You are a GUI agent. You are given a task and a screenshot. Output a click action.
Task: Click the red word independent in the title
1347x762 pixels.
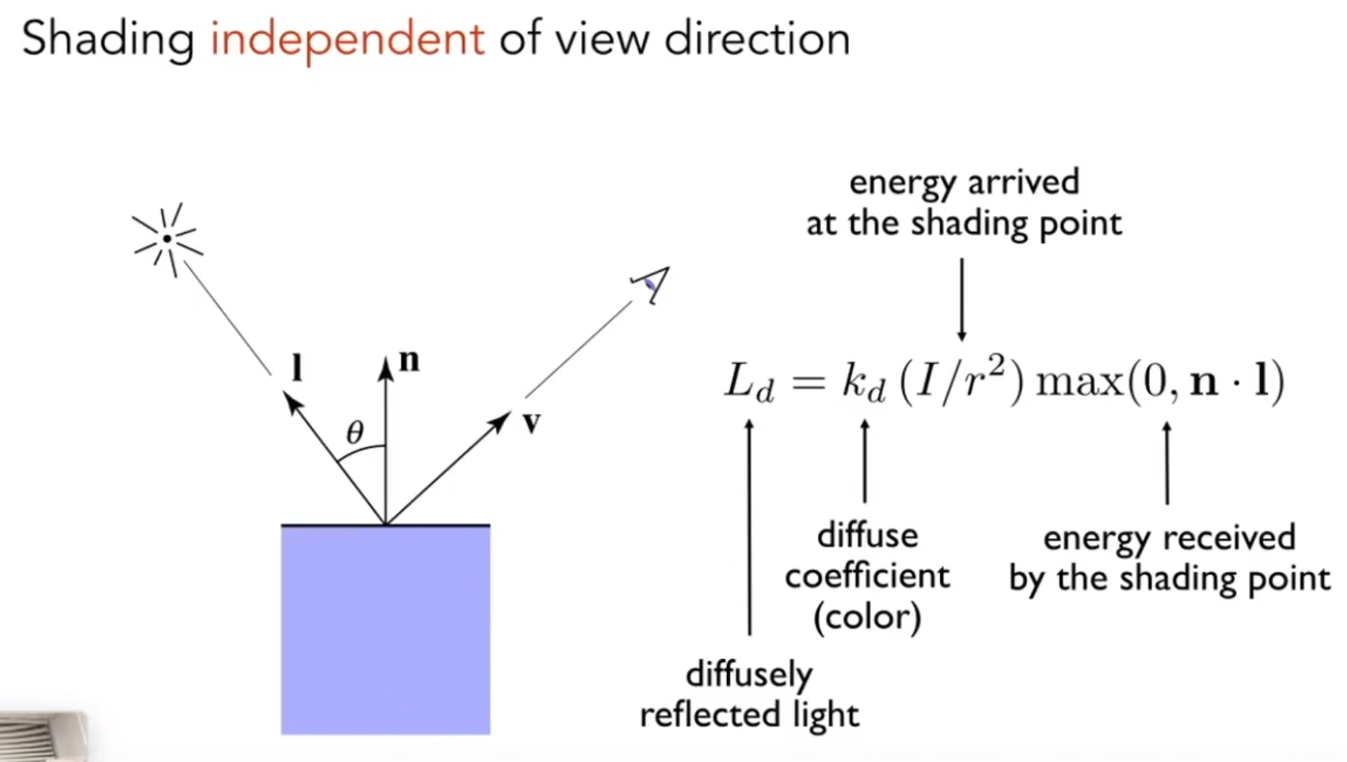(x=347, y=40)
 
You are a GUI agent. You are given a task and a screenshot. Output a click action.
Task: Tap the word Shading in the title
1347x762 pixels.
(x=108, y=40)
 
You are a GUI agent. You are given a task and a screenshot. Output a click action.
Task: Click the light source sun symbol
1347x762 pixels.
(x=168, y=240)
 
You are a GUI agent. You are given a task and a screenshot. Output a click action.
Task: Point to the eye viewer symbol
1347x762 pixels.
(x=651, y=285)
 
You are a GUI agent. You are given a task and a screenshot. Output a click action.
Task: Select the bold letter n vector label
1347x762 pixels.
(x=409, y=361)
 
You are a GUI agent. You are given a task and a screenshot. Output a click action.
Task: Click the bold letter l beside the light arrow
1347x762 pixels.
(x=296, y=367)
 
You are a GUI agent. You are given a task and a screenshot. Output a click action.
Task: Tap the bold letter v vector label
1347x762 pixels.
(x=531, y=423)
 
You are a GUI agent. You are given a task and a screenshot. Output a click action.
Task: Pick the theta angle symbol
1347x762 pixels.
(x=355, y=431)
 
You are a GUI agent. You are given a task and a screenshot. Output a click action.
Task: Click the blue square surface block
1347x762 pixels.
(x=386, y=630)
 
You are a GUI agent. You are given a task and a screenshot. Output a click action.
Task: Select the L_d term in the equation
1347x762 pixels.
(x=748, y=382)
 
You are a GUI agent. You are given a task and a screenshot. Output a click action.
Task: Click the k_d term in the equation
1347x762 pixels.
(x=864, y=382)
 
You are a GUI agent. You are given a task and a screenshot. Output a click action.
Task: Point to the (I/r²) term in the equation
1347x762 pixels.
(x=961, y=381)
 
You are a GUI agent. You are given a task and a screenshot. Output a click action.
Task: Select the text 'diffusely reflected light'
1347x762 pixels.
(x=750, y=695)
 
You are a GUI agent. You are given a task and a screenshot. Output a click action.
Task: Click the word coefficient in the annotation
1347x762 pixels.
(x=867, y=576)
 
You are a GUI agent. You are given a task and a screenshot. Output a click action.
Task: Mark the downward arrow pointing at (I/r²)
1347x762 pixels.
(x=961, y=299)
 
